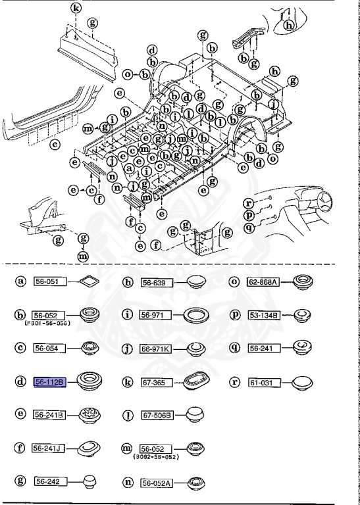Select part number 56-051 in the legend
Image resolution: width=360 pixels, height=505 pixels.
coord(47,282)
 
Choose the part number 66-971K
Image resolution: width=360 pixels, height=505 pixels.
coord(156,349)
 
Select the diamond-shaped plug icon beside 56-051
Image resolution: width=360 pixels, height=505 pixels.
coord(88,282)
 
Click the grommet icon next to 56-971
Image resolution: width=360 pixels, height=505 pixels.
coord(195,315)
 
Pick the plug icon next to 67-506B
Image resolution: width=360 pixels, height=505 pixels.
coord(192,414)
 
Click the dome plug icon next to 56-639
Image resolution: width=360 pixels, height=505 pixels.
coord(195,282)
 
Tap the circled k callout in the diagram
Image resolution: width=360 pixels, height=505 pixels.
coord(76,9)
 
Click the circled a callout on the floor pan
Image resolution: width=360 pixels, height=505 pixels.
coord(129,168)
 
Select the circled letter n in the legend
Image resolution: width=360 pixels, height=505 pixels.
coord(128,481)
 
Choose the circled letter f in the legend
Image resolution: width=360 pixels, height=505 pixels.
coord(21,448)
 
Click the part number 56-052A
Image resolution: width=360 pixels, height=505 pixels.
coord(156,482)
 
